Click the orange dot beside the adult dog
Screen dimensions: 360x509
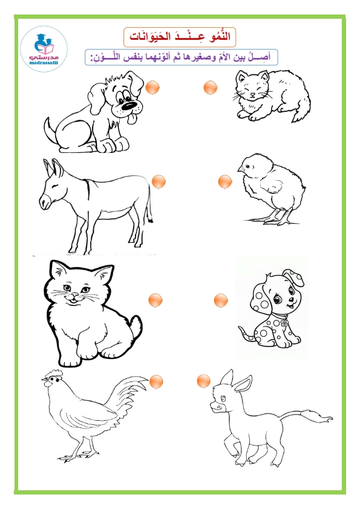click(152, 88)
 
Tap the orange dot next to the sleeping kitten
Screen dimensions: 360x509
click(210, 88)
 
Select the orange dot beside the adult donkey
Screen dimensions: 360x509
click(159, 181)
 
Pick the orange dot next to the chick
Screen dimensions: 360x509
click(225, 181)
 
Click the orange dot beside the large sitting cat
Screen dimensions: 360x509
click(155, 300)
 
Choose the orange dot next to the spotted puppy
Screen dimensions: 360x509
click(221, 300)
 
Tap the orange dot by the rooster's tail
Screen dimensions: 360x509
click(156, 381)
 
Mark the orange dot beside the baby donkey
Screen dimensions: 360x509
click(204, 381)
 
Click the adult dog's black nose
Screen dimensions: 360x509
click(129, 106)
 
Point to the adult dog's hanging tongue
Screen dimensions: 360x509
click(131, 119)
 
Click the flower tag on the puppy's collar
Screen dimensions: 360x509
click(284, 323)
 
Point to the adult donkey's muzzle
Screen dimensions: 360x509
click(45, 201)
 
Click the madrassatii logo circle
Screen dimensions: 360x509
click(44, 50)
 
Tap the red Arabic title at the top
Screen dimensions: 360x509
click(180, 37)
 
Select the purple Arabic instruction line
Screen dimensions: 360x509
click(182, 57)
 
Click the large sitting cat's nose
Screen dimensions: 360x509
click(75, 295)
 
